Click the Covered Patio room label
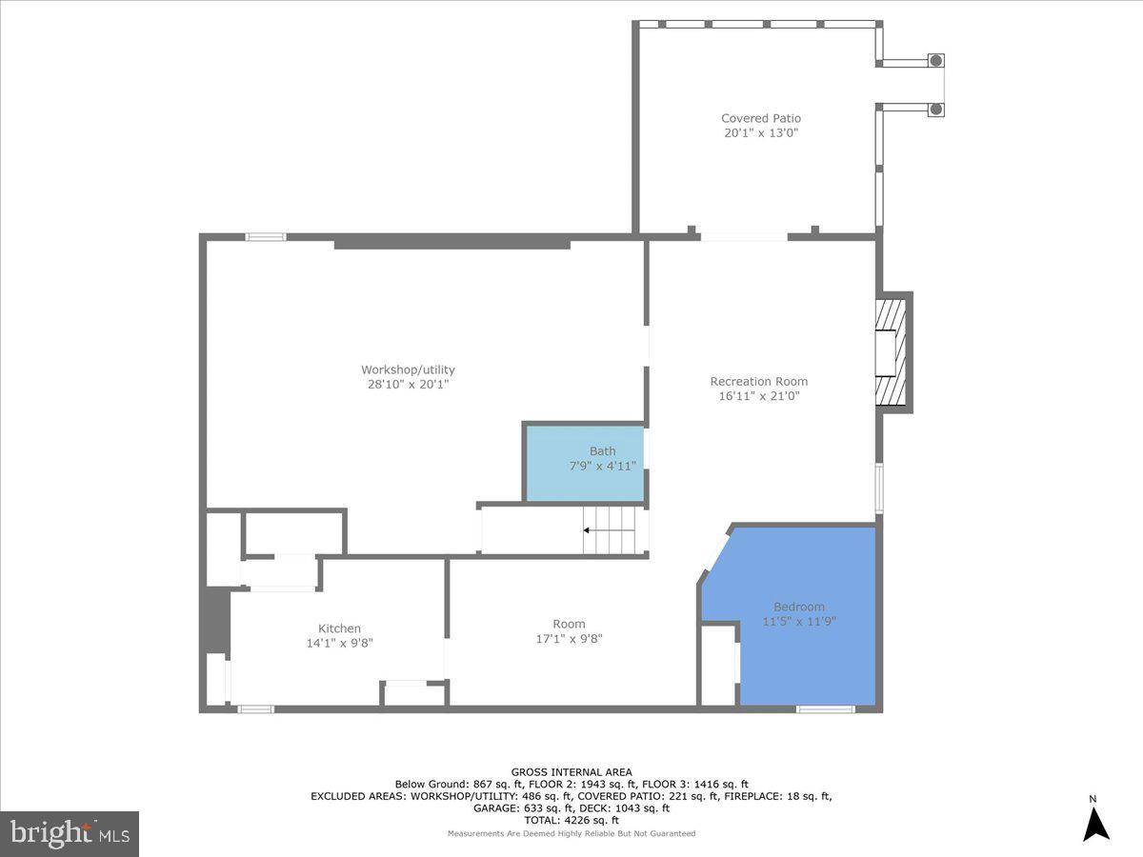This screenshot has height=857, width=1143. point(760,119)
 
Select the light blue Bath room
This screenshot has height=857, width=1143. point(584,464)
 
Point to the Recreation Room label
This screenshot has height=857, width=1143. point(758,382)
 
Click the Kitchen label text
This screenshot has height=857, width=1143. point(339,628)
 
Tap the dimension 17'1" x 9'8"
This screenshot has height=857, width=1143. point(569,639)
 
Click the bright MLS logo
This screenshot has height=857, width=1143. point(70,834)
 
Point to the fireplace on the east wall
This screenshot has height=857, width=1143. point(892,353)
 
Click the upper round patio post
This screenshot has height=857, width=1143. point(936,61)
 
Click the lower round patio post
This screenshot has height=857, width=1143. point(936,110)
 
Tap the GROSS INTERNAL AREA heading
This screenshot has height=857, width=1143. point(571,772)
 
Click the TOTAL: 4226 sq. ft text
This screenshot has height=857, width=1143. point(571,820)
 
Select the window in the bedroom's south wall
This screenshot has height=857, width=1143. point(825,708)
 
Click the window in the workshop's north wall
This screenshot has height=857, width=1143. point(266,236)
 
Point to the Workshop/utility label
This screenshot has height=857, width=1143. point(408,370)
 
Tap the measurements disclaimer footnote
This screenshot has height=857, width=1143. point(571,833)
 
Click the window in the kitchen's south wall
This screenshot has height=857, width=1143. point(254,708)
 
